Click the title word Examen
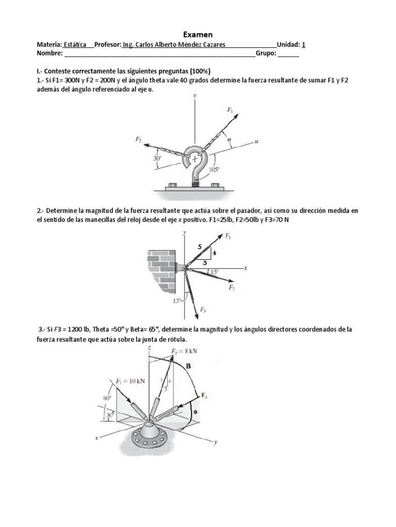198,34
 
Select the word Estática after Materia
75,44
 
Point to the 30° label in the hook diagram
157,159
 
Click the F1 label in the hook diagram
230,110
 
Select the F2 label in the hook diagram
139,139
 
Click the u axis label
256,140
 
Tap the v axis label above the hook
194,96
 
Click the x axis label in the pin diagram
246,268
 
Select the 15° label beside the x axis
213,271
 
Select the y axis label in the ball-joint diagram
216,442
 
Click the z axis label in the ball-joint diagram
148,348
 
